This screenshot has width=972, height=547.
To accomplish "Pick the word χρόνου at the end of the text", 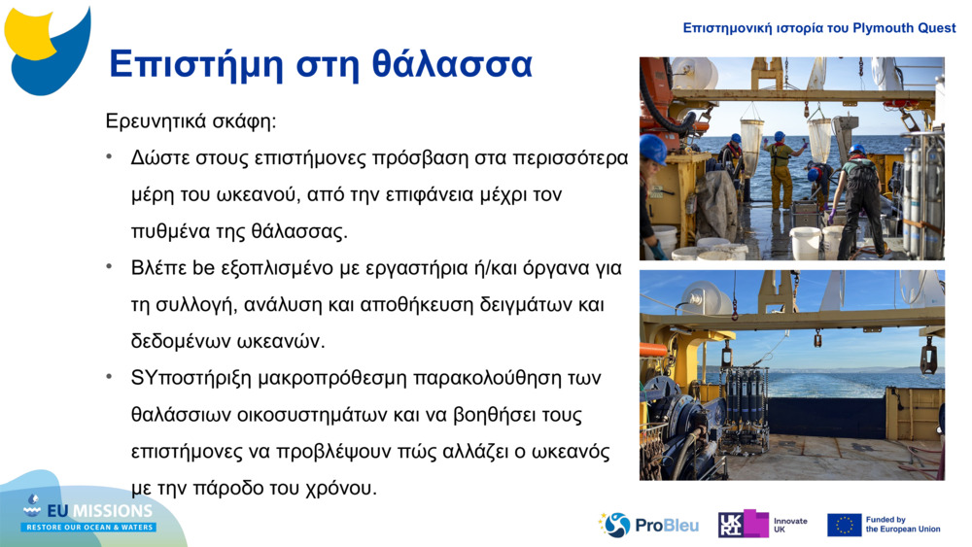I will pyautogui.click(x=342, y=487).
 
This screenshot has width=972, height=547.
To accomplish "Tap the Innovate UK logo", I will pyautogui.click(x=762, y=525).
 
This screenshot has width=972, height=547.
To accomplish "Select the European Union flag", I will pyautogui.click(x=844, y=525).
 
